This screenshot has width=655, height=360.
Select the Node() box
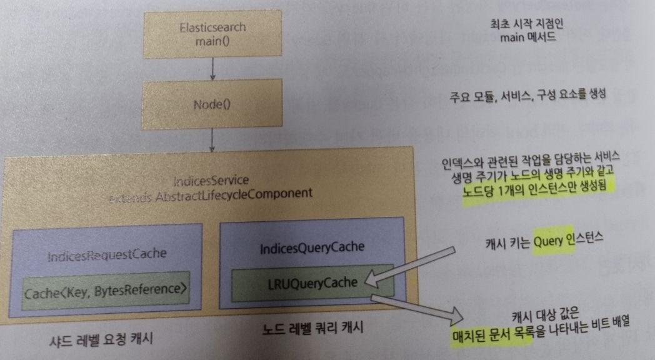point(213,104)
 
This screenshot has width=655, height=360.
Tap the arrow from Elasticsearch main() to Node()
point(213,68)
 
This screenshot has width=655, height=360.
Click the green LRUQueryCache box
point(312,282)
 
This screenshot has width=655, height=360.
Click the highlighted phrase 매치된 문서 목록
point(492,336)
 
